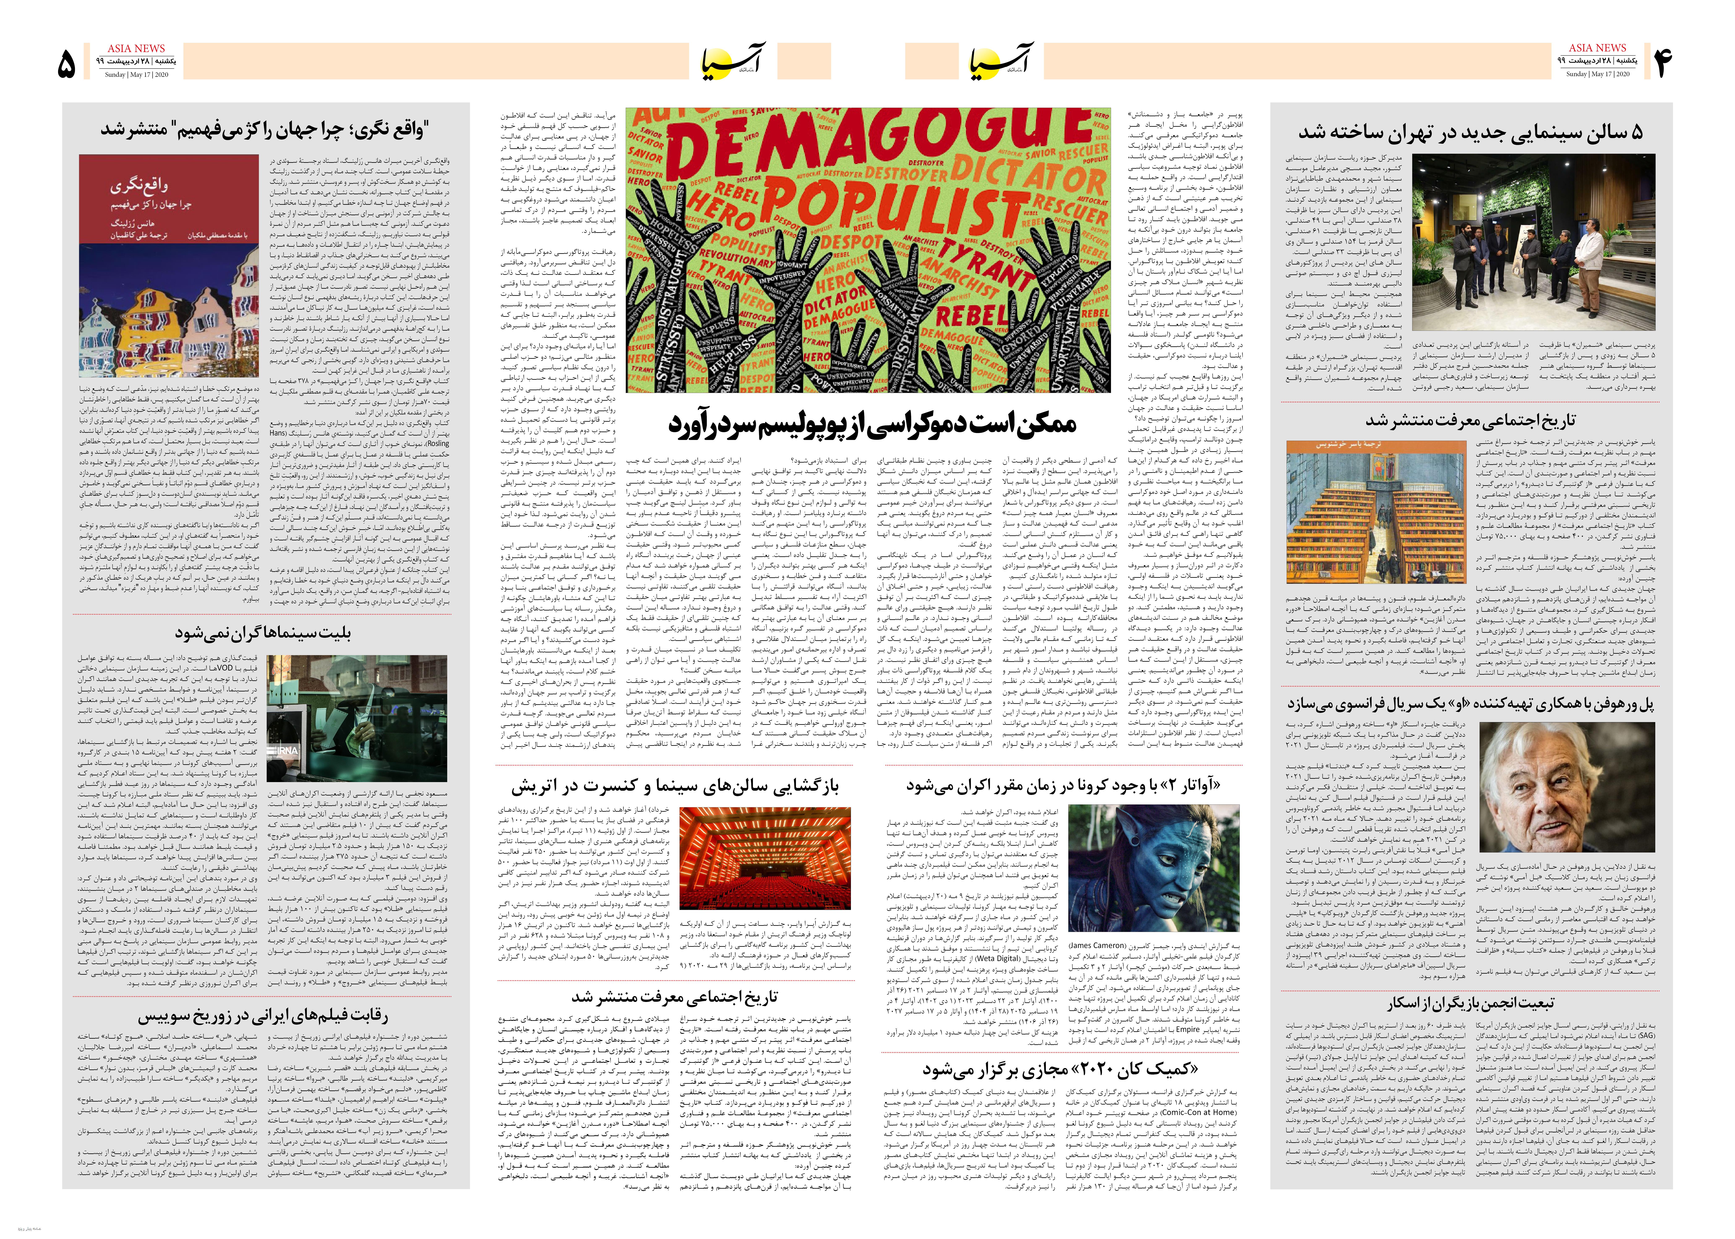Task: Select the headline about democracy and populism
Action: pyautogui.click(x=872, y=424)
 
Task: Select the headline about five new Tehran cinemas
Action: pyautogui.click(x=1470, y=132)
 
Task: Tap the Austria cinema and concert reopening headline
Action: pyautogui.click(x=674, y=785)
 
